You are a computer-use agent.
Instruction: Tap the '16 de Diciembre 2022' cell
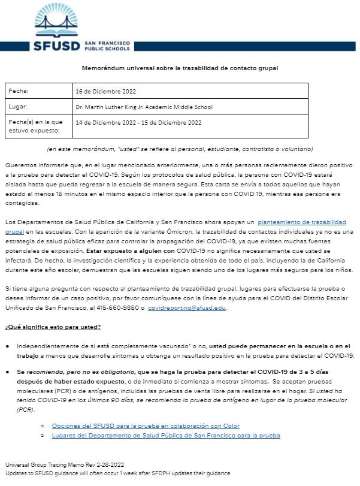(105, 91)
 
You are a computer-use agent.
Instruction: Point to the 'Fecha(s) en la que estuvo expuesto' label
(34, 126)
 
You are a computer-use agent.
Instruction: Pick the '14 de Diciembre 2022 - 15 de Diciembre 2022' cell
(138, 122)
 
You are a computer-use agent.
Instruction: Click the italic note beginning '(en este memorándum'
(180, 149)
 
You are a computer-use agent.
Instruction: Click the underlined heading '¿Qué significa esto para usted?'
(53, 327)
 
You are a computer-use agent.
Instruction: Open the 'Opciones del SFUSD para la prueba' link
(146, 425)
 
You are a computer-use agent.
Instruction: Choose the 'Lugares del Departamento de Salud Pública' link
(166, 436)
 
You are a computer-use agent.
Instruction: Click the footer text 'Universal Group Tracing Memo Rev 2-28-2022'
(65, 464)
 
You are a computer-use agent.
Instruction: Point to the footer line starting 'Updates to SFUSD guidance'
(117, 473)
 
